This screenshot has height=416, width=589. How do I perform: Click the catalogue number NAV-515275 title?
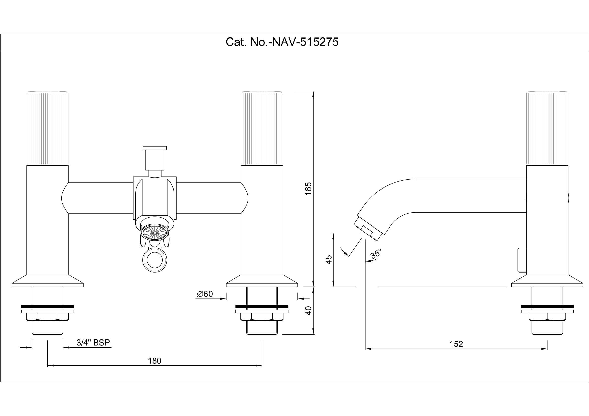pos(282,42)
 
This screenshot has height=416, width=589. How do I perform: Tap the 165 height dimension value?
pos(308,189)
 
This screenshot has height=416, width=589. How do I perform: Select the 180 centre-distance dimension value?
pos(154,361)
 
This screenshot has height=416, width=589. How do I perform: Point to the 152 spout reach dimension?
pos(456,344)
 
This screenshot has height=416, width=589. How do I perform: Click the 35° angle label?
pos(376,254)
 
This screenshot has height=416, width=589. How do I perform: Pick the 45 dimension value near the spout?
pos(329,260)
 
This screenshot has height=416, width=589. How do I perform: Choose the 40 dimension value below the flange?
pos(308,311)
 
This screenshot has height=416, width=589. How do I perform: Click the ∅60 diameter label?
pos(205,294)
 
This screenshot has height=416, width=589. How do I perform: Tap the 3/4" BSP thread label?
pos(93,343)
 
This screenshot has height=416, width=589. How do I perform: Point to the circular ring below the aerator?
pos(155,260)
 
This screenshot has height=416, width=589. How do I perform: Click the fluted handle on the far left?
pos(47,128)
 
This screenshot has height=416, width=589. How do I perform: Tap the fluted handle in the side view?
pos(547,128)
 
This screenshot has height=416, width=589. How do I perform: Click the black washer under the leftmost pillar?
pos(47,306)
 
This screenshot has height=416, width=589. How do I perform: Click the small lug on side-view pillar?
pos(522,260)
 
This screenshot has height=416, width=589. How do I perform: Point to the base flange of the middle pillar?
pos(262,281)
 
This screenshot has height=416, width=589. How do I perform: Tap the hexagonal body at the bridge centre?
pos(155,197)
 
